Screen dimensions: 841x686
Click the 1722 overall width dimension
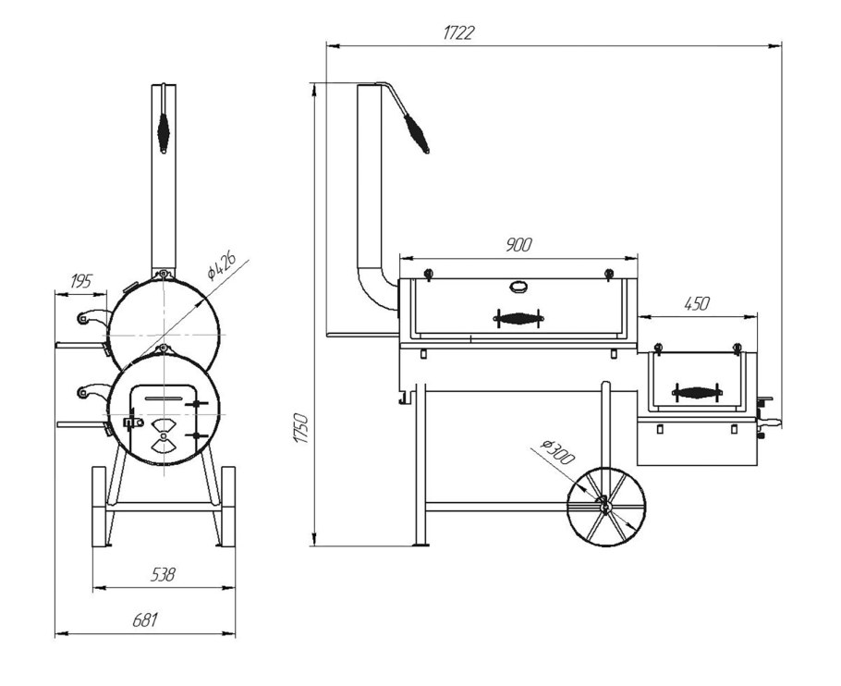pos(458,33)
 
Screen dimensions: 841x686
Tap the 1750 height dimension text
pos(301,428)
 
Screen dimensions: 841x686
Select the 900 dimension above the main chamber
pos(518,245)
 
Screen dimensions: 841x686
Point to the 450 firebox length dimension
pos(697,303)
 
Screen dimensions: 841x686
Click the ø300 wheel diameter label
pos(557,451)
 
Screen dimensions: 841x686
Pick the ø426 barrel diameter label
pos(222,266)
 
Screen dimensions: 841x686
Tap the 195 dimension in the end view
pos(81,280)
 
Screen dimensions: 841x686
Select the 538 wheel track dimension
pos(163,575)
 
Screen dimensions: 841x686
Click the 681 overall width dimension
pos(145,620)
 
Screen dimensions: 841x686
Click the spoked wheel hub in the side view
pos(604,506)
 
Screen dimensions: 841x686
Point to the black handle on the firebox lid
pos(696,392)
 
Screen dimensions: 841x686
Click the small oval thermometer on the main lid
pos(518,287)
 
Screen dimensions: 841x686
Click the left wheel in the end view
pos(99,507)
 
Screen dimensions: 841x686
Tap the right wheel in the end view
pos(228,507)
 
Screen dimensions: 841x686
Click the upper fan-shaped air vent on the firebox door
pos(163,427)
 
